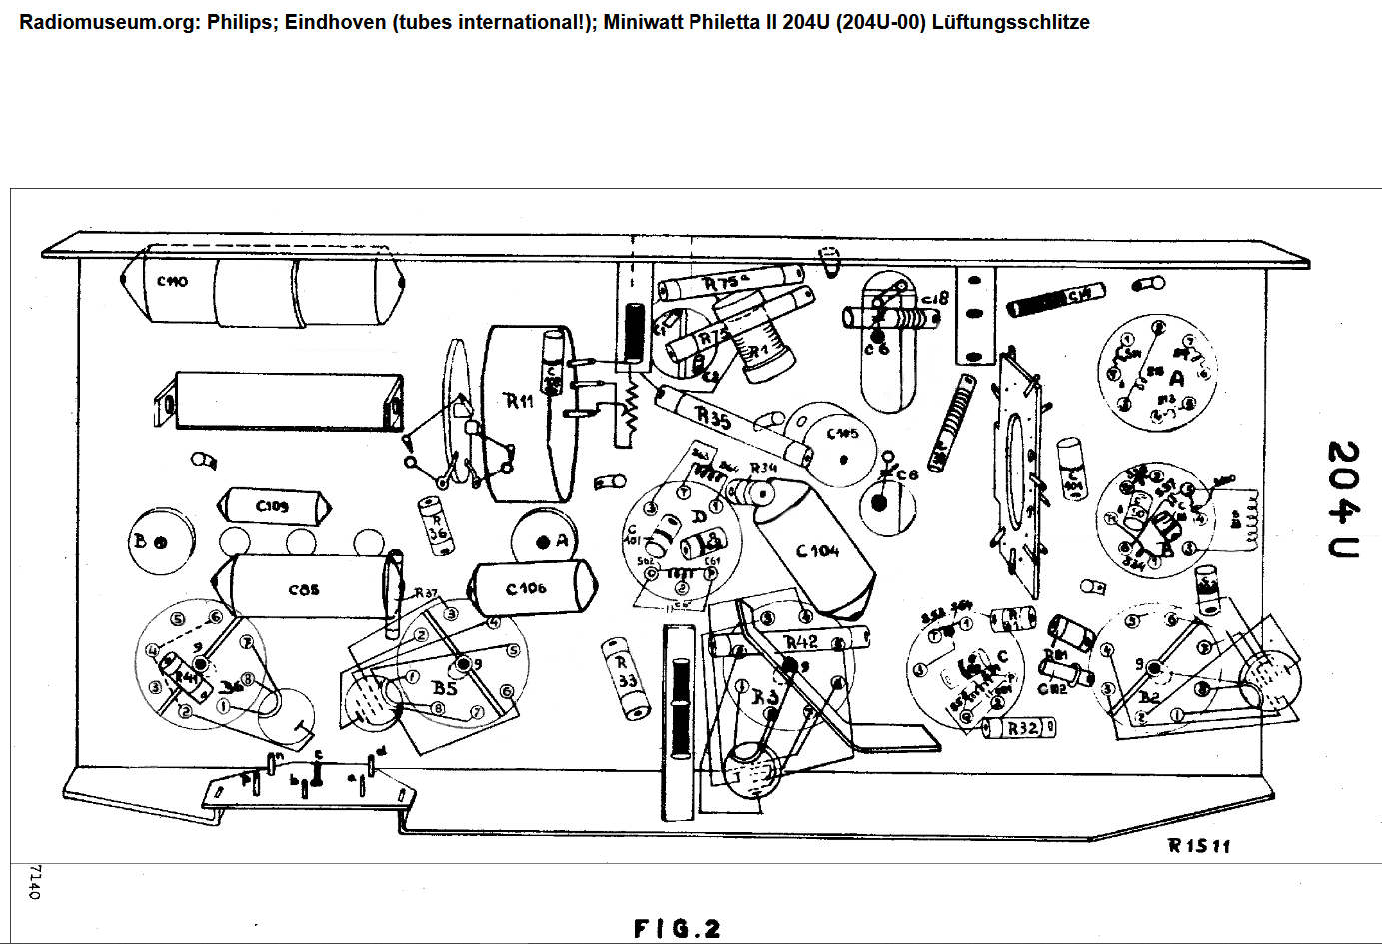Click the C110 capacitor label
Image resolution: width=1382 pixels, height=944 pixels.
click(172, 282)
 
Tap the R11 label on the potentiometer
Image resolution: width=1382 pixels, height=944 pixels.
click(519, 401)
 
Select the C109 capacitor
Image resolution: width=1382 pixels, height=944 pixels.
click(273, 506)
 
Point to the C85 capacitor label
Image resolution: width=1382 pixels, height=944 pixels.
click(304, 589)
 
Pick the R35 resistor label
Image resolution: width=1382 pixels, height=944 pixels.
click(713, 415)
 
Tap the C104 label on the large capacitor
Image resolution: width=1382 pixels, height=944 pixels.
click(817, 551)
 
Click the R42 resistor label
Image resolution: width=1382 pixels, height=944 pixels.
click(801, 642)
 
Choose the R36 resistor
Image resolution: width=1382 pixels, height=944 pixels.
click(436, 525)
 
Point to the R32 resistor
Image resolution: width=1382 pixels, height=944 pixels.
click(1020, 728)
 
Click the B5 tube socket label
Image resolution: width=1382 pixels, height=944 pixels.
click(444, 688)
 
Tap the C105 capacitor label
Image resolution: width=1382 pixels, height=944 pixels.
click(842, 434)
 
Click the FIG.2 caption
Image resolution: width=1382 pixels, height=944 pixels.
click(677, 929)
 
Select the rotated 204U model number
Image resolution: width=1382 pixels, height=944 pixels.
click(1344, 498)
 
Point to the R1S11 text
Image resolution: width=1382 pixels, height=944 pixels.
click(1199, 846)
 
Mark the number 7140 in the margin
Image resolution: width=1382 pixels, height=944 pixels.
click(35, 882)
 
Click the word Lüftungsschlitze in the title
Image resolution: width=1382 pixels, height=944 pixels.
click(1010, 22)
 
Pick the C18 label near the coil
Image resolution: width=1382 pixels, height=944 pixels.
click(934, 298)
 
